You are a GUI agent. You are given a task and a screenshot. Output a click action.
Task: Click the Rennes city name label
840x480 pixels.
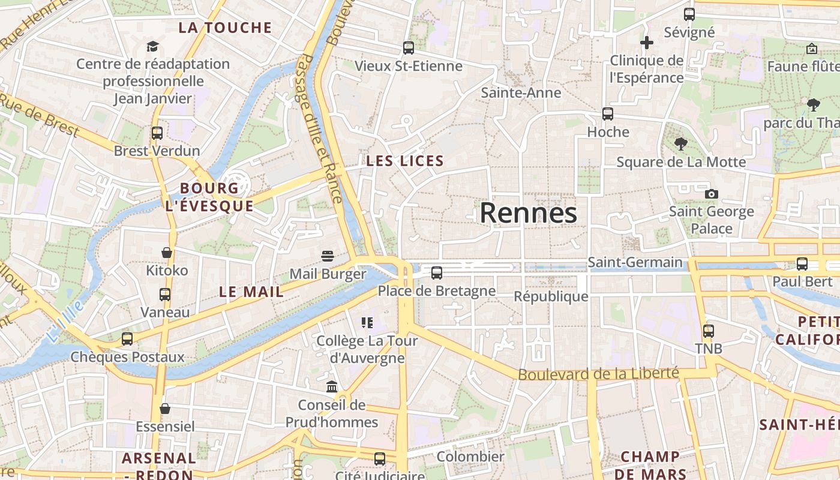pyautogui.click(x=528, y=213)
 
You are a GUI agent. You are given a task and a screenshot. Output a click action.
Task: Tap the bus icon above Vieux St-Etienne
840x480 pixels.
pyautogui.click(x=409, y=47)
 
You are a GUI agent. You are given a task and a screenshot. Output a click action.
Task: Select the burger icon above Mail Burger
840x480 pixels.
pyautogui.click(x=328, y=256)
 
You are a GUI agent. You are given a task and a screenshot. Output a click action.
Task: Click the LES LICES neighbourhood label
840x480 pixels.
pyautogui.click(x=405, y=161)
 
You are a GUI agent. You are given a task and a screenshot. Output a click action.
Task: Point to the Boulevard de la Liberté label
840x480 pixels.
pyautogui.click(x=598, y=374)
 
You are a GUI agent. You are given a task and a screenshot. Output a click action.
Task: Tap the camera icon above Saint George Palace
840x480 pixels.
pyautogui.click(x=712, y=194)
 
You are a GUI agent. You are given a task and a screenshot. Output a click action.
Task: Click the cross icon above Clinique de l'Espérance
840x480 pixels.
pyautogui.click(x=646, y=43)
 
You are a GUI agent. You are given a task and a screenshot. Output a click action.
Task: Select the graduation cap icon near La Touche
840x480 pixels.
pyautogui.click(x=152, y=46)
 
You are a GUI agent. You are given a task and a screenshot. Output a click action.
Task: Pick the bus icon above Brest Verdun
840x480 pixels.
pyautogui.click(x=157, y=133)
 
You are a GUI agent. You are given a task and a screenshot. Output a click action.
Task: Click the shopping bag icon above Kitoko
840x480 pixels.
pyautogui.click(x=167, y=253)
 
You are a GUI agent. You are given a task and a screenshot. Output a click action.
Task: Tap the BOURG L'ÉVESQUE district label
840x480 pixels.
pyautogui.click(x=209, y=197)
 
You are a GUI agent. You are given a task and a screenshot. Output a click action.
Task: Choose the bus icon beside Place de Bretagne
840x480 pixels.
pyautogui.click(x=437, y=273)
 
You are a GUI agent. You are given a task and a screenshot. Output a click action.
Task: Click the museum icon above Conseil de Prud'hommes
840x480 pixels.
pyautogui.click(x=332, y=387)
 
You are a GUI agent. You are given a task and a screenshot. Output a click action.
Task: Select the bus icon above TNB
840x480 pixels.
pyautogui.click(x=709, y=331)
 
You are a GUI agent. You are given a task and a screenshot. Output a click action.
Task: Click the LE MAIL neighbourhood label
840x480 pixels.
pyautogui.click(x=251, y=292)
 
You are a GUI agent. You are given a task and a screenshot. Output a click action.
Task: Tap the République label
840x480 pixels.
pyautogui.click(x=551, y=296)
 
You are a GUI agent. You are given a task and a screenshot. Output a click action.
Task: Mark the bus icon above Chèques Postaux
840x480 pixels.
pyautogui.click(x=127, y=339)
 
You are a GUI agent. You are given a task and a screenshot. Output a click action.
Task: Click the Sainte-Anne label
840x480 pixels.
pyautogui.click(x=521, y=92)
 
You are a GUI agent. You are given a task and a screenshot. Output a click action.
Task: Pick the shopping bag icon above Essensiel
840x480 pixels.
pyautogui.click(x=165, y=409)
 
